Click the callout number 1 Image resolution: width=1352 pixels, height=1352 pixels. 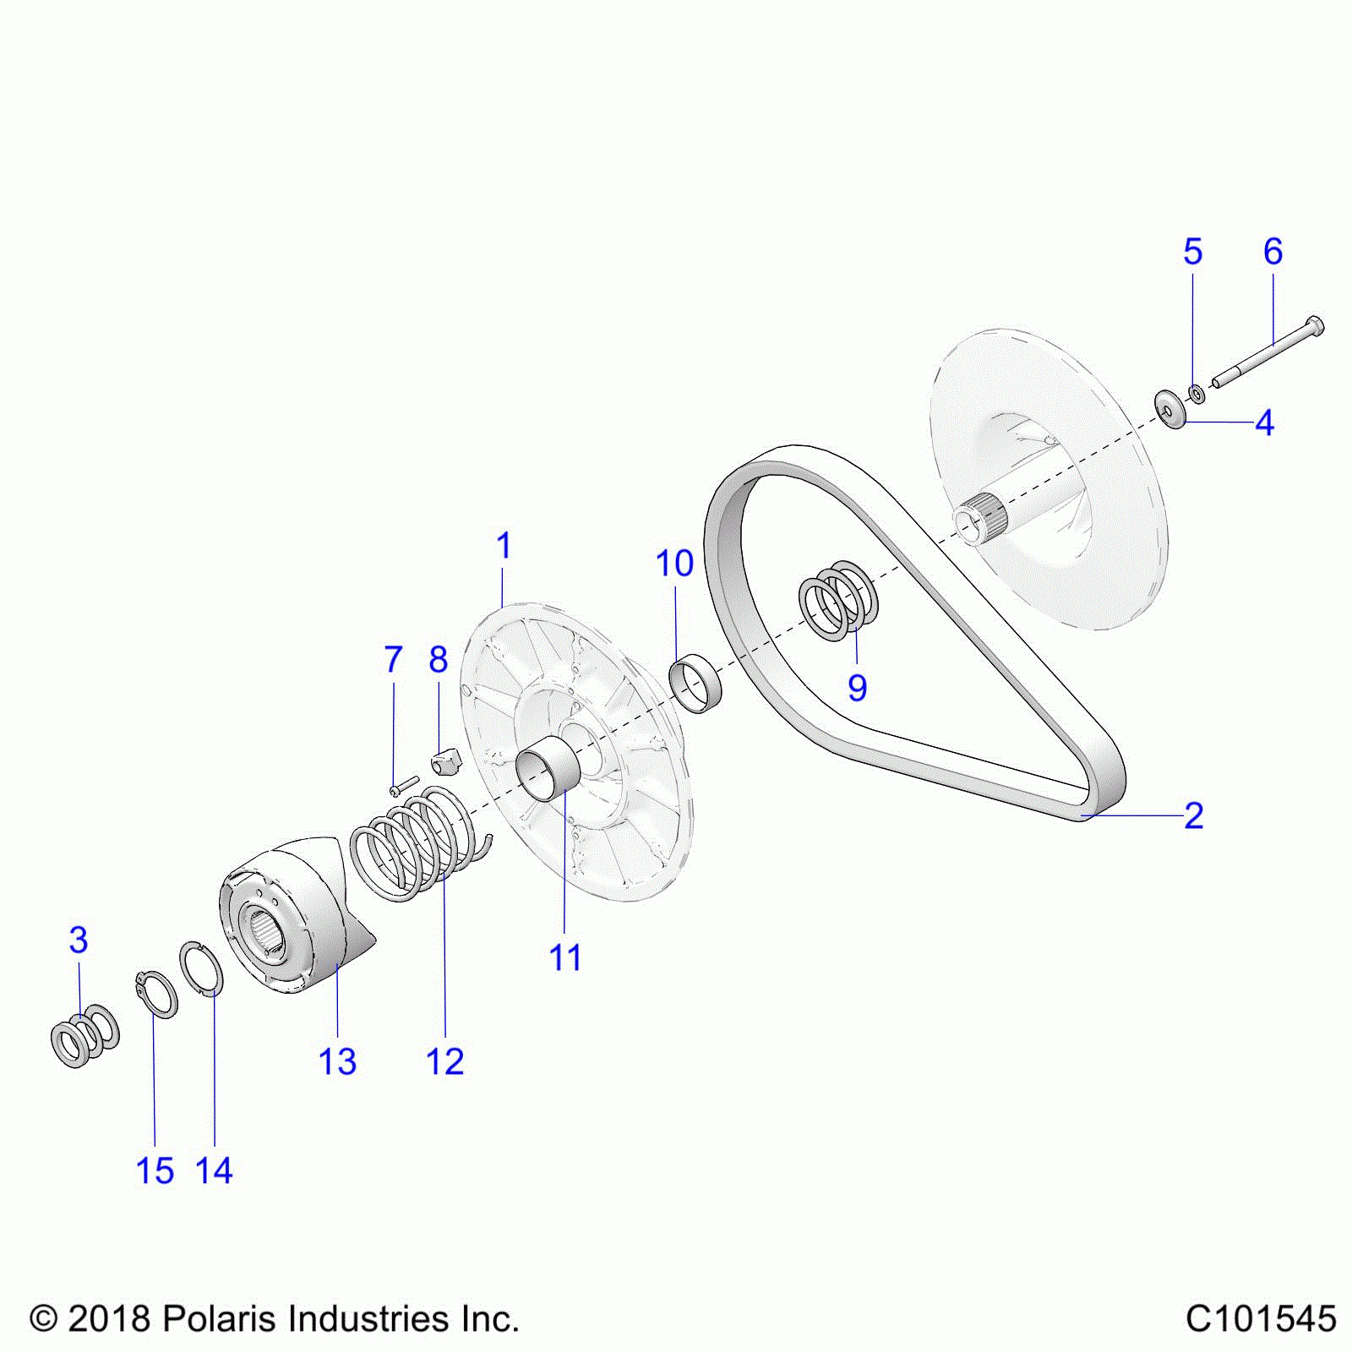tap(504, 547)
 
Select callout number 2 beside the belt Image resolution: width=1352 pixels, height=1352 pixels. tap(1193, 815)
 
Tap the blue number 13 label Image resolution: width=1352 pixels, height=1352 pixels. tap(337, 1061)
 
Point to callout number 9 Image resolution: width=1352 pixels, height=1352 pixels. tap(857, 688)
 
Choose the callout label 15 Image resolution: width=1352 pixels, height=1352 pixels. tap(155, 1170)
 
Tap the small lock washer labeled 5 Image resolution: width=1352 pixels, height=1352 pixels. tap(1197, 394)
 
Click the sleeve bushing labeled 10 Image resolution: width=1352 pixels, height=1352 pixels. tap(695, 683)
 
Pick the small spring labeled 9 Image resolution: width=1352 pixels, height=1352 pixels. tap(838, 600)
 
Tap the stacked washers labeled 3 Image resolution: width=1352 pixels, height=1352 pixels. tap(84, 1035)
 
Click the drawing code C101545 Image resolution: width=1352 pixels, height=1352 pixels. tap(1261, 1318)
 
